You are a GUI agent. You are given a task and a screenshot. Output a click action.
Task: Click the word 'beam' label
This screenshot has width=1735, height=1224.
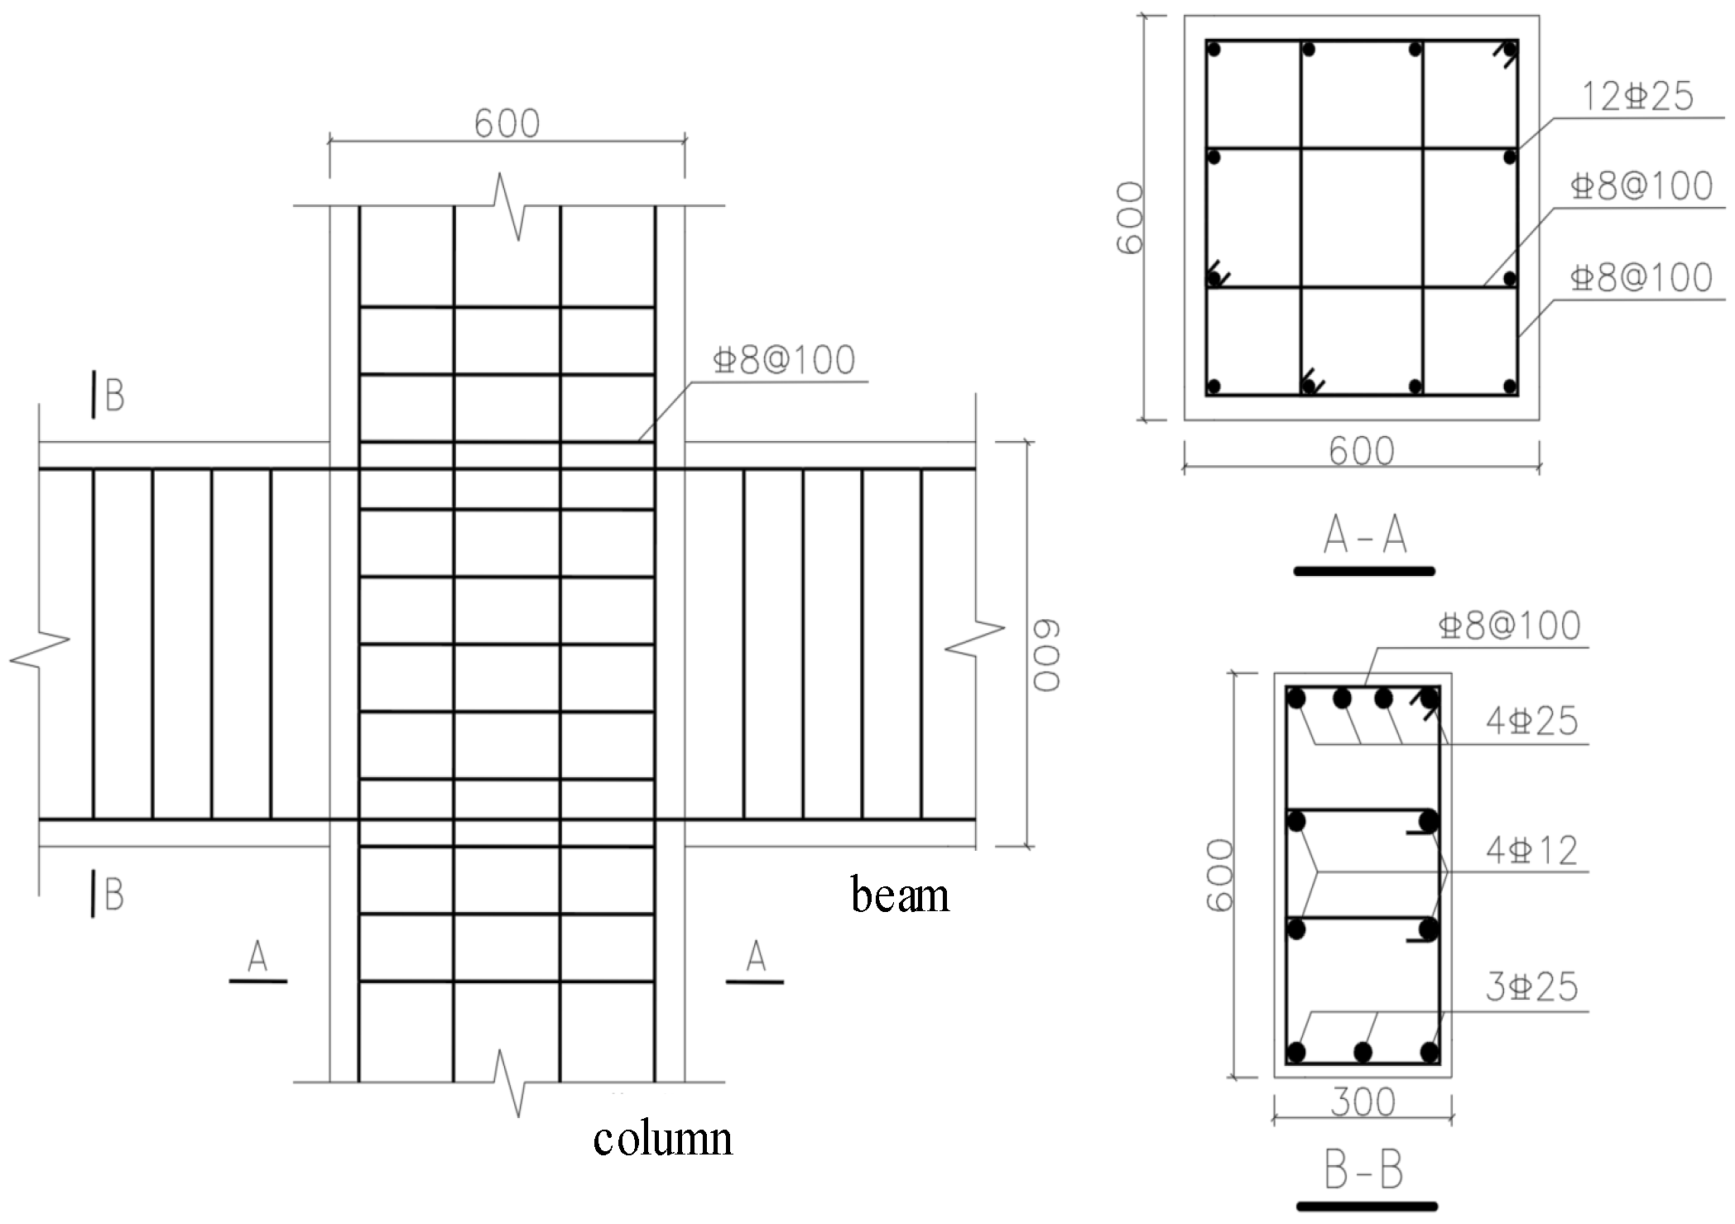coord(900,896)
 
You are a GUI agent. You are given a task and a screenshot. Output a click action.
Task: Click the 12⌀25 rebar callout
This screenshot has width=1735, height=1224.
coord(1637,97)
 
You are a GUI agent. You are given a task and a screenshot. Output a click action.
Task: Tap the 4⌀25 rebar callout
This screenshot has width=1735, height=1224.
coord(1531,721)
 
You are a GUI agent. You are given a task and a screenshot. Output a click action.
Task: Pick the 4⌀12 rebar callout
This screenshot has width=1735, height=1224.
coord(1531,851)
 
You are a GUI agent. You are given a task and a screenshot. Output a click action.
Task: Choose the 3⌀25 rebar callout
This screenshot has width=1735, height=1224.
coord(1531,986)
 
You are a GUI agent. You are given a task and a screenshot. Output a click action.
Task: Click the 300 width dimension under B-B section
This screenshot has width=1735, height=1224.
coord(1363,1102)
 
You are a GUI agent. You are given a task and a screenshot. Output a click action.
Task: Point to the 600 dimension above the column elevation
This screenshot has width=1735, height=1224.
coord(507,124)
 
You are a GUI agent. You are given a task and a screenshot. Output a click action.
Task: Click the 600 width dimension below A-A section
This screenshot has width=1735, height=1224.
coord(1362,451)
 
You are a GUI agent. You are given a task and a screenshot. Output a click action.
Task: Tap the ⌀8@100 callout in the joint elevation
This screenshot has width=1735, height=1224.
coord(784,361)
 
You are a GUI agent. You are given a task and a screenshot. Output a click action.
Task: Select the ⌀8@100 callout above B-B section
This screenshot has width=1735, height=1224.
coord(1510,626)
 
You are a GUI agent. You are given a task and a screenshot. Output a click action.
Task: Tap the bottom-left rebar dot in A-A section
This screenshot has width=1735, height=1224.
coord(1215,386)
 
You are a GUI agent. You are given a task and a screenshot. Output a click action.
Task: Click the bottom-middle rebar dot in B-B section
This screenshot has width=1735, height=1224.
coord(1363,1053)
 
